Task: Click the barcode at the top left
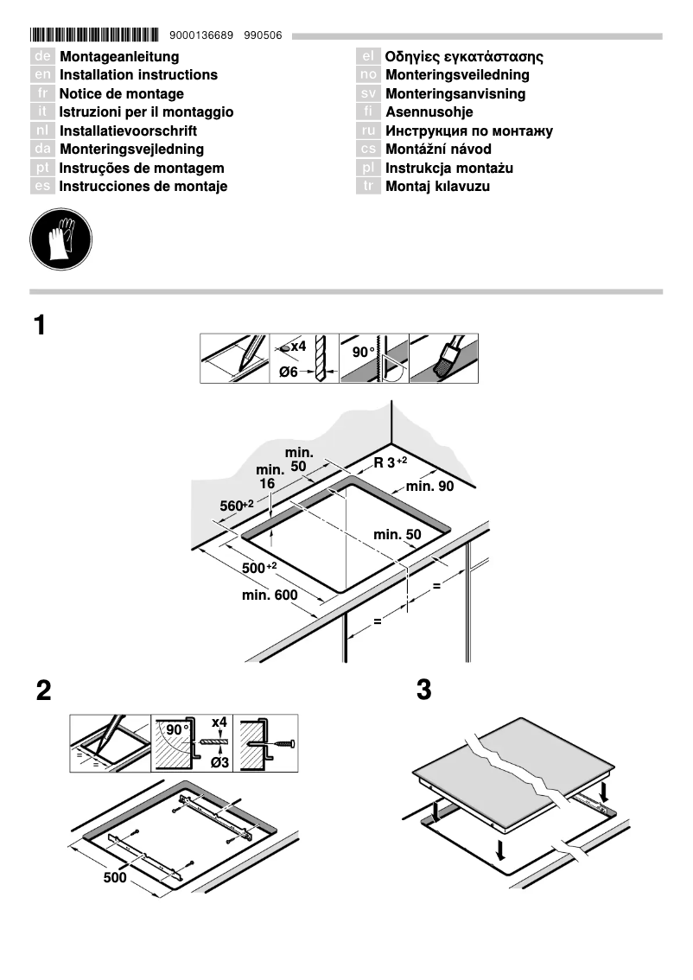point(95,35)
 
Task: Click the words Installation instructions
point(138,75)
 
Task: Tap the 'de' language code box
point(42,57)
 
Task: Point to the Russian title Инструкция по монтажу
point(468,131)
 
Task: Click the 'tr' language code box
point(368,187)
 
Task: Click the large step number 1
point(40,326)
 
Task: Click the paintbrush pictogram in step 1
point(443,359)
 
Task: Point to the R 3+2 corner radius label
point(390,462)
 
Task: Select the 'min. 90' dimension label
point(429,487)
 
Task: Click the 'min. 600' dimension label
point(270,595)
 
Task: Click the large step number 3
point(424,690)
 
